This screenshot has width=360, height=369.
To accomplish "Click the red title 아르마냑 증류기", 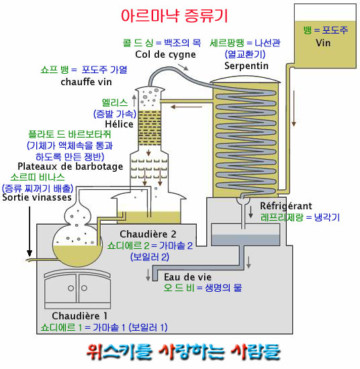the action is click(x=175, y=16).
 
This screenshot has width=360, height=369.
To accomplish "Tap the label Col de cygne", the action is click(x=165, y=54).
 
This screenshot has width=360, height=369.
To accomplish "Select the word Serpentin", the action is click(x=246, y=66).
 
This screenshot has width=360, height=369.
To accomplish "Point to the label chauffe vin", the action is click(x=86, y=82).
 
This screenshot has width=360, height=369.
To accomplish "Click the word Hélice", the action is click(x=119, y=124).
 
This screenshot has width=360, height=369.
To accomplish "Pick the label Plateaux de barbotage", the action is click(x=71, y=166).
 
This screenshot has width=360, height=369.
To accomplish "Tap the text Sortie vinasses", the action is click(x=37, y=197).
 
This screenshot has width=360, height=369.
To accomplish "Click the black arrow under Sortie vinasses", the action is click(x=30, y=231).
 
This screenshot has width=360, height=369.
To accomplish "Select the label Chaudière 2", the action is click(x=148, y=234).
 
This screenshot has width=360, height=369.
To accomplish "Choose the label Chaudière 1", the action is click(x=79, y=316).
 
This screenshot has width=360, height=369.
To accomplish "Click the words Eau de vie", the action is click(x=187, y=277).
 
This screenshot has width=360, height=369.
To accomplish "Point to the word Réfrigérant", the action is click(x=286, y=206).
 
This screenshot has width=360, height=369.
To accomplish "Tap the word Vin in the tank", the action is click(x=323, y=43).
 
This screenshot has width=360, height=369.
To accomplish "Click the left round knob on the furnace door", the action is click(x=71, y=288).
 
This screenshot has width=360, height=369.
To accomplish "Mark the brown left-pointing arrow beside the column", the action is click(x=186, y=107).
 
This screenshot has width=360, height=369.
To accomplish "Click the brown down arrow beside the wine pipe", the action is click(x=294, y=109).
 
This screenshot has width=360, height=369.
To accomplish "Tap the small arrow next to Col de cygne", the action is click(x=183, y=67).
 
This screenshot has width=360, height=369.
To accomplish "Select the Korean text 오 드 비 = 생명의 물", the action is click(x=203, y=288).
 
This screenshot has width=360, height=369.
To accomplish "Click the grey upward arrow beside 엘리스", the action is click(x=134, y=101).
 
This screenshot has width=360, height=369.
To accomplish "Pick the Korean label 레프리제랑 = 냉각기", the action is click(x=300, y=217).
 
